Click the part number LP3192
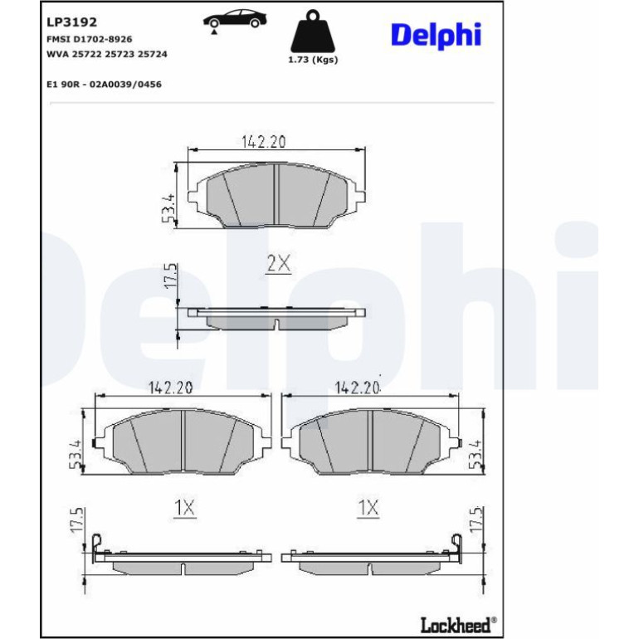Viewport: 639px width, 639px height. [x=71, y=22]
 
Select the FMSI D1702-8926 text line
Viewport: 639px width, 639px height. [x=90, y=39]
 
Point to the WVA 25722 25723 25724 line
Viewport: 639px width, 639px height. [x=107, y=54]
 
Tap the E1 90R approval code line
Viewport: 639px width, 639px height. [x=104, y=85]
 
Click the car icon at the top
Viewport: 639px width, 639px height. [x=235, y=21]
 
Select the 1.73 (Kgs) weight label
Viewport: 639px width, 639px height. [x=313, y=60]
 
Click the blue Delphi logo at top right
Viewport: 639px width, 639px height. [x=436, y=36]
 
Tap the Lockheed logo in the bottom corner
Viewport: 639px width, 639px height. [x=458, y=624]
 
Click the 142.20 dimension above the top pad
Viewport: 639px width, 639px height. [x=264, y=141]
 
